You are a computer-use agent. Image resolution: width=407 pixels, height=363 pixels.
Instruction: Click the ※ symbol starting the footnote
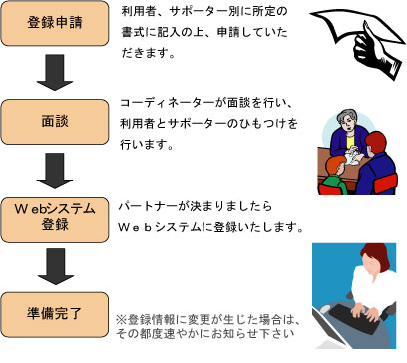click(x=122, y=320)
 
